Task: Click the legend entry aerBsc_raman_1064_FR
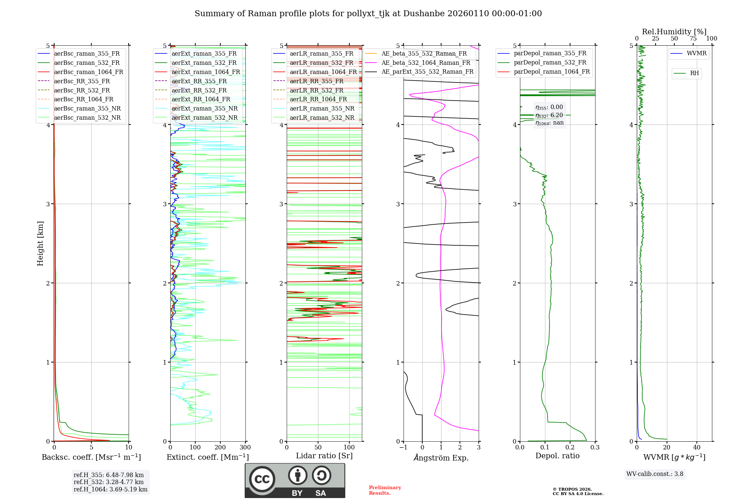88,72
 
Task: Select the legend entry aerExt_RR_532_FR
199,90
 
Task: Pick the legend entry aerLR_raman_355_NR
322,108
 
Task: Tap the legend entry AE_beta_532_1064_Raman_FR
426,63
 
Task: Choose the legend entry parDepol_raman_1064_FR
551,72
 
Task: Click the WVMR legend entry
696,53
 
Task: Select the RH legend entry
694,73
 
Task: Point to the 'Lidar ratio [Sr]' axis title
324,456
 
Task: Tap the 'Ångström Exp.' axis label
441,458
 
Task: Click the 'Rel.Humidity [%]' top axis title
674,32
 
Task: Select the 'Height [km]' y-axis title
40,244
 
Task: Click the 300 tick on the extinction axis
245,448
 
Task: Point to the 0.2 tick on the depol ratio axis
570,448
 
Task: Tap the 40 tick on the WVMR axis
696,448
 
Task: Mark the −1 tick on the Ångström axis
403,448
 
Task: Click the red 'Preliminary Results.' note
385,490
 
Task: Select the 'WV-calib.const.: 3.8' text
654,474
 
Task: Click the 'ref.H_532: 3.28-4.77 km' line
108,482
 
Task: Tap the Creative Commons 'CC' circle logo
262,479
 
